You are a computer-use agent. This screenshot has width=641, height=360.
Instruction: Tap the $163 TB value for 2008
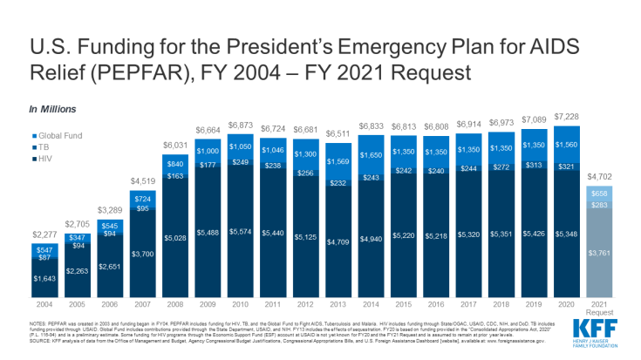[x=174, y=177]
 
